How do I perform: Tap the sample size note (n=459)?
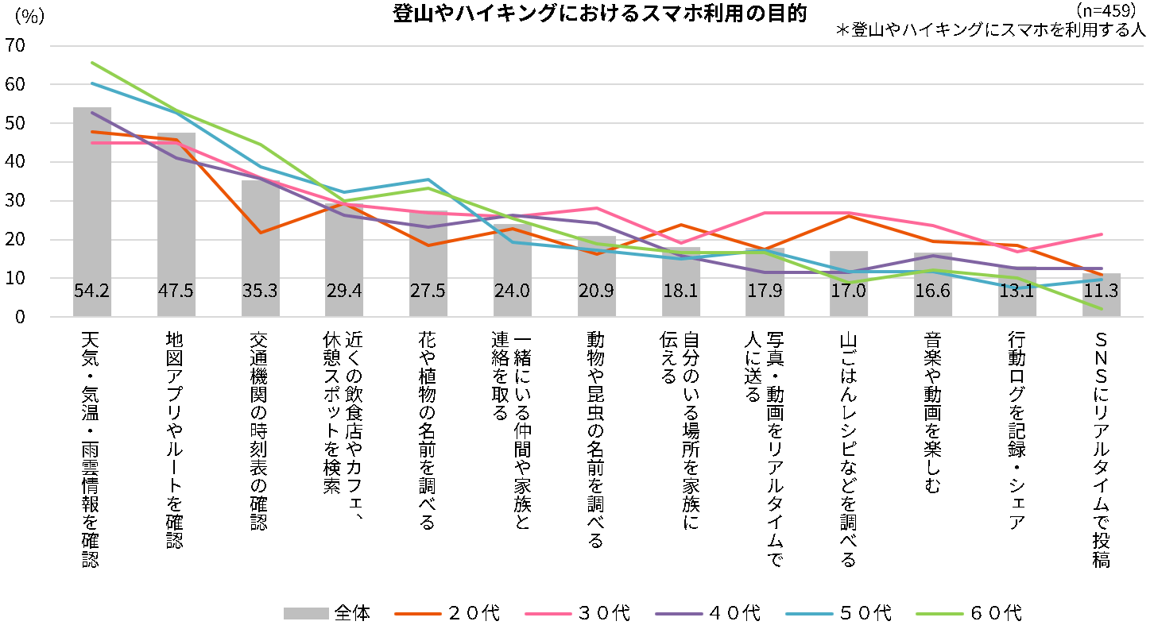coord(1106,11)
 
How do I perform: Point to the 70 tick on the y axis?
coord(17,46)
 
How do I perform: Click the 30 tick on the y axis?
coord(17,201)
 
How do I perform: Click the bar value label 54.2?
coord(91,291)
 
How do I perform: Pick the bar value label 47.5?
coord(176,291)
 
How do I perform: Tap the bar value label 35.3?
coord(260,291)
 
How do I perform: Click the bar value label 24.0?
coord(512,291)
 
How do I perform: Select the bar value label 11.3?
coord(1101,291)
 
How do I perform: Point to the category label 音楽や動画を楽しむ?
coord(933,413)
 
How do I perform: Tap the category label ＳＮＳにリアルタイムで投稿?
coord(1101,450)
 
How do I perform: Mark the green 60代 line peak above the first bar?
coord(92,62)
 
